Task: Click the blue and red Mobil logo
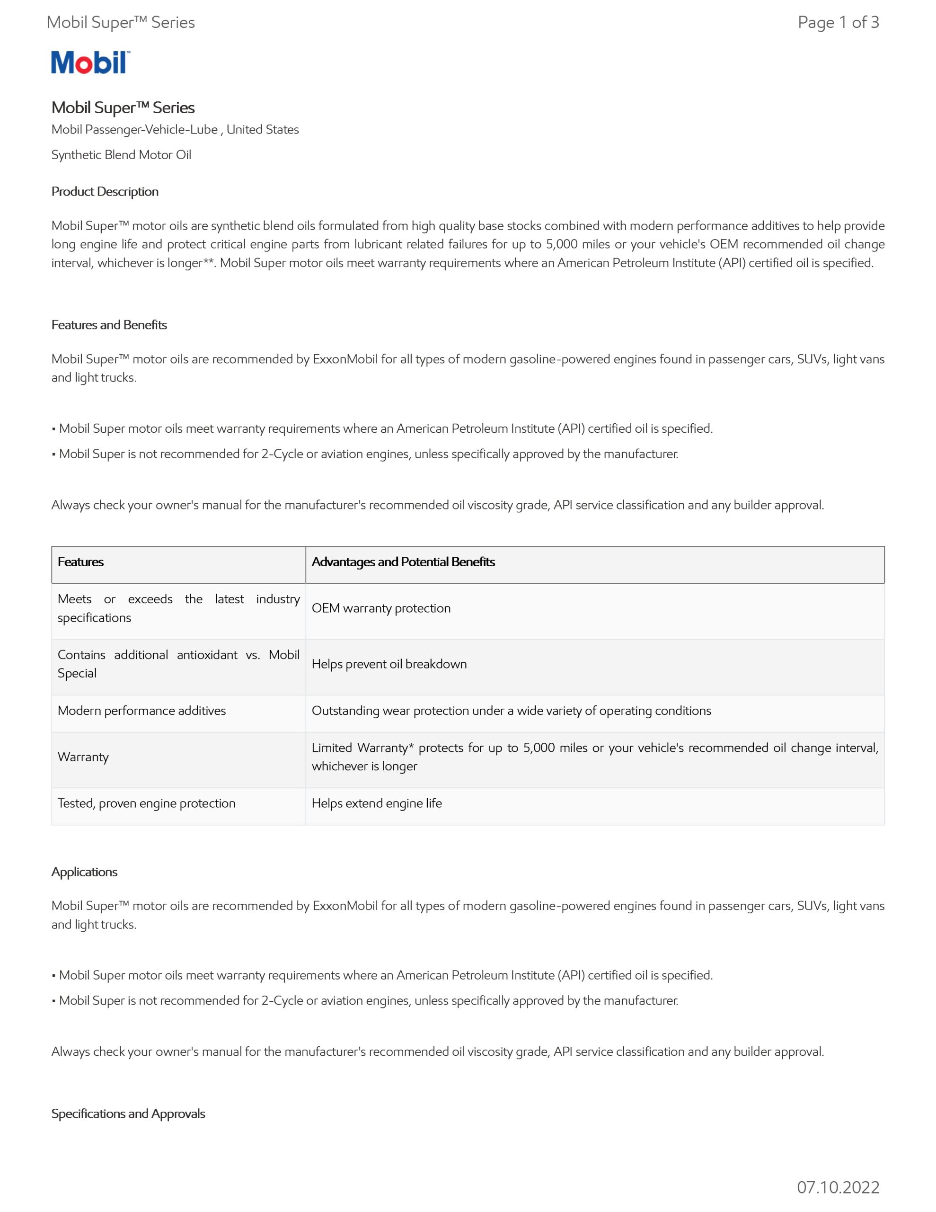[x=90, y=62]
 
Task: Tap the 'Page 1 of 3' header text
[x=838, y=22]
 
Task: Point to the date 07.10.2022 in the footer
[x=838, y=1187]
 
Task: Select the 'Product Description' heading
[x=105, y=191]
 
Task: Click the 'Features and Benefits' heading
[x=109, y=325]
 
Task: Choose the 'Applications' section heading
[x=84, y=872]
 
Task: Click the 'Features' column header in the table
[x=80, y=561]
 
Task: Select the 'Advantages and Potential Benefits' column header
[x=403, y=561]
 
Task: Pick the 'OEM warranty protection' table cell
[x=380, y=608]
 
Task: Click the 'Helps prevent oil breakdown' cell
[x=389, y=664]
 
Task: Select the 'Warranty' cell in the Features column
[x=83, y=757]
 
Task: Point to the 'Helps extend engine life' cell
[x=377, y=803]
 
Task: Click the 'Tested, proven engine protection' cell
[x=147, y=803]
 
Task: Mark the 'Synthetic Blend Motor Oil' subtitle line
[x=121, y=155]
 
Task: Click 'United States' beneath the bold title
[x=263, y=129]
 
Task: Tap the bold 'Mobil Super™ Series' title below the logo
[x=123, y=107]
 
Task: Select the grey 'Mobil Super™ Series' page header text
[x=120, y=22]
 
